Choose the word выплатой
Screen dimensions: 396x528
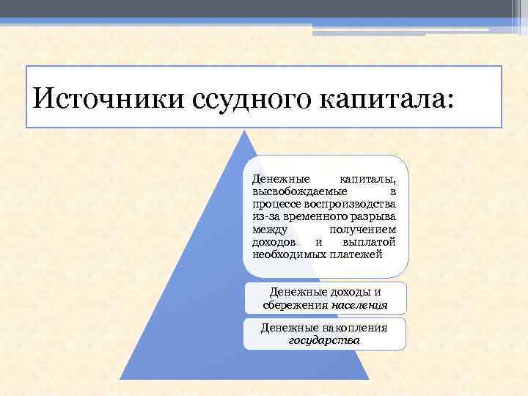(x=369, y=242)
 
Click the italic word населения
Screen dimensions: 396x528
(x=359, y=304)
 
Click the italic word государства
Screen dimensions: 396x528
(x=325, y=340)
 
